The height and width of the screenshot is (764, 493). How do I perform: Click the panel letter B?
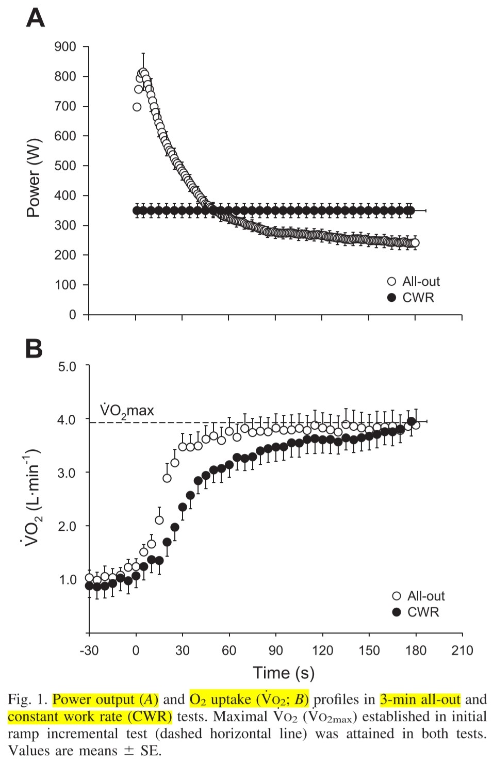(34, 349)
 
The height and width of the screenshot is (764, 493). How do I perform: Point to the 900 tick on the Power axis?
(65, 47)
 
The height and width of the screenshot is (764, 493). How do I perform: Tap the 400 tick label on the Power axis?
(65, 196)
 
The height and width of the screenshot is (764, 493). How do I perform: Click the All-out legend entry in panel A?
(414, 281)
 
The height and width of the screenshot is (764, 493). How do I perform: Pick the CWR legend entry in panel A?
(412, 298)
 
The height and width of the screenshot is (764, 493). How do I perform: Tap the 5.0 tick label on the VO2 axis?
(67, 367)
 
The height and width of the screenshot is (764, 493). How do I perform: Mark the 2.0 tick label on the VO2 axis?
(67, 526)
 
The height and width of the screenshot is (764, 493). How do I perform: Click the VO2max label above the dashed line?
(127, 411)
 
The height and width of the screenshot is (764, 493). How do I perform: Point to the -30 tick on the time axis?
(89, 650)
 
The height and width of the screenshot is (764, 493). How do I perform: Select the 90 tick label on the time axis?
(275, 650)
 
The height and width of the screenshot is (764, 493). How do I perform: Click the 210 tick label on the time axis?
(462, 650)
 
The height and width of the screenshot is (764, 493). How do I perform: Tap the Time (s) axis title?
(283, 673)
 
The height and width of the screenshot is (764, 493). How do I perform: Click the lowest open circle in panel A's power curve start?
(137, 107)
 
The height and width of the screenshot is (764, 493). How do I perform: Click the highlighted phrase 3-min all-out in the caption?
(420, 700)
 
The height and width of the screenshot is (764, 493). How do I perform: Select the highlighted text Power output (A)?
(105, 700)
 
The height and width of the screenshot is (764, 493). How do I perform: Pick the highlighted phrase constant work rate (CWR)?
(90, 717)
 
